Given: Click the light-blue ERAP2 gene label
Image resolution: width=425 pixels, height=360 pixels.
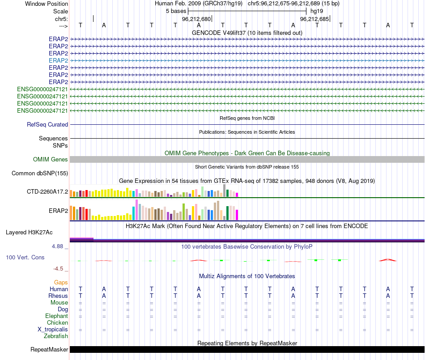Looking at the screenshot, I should (58, 60).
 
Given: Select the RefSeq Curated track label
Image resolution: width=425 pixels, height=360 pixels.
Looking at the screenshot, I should (47, 125).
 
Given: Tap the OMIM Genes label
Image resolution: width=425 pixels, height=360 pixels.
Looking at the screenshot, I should (51, 160).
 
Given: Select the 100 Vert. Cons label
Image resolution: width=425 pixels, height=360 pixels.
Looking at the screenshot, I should (25, 258).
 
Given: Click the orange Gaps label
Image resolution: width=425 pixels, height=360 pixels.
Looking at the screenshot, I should (61, 283).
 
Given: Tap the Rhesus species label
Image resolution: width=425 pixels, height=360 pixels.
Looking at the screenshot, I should (58, 296).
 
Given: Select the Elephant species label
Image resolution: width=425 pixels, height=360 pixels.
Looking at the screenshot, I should (56, 316).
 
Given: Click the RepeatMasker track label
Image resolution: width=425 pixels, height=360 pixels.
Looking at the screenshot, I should (49, 350).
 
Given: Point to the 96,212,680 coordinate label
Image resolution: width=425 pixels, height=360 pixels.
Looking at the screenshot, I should (196, 19).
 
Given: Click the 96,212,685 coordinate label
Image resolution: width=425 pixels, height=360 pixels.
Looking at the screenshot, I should (314, 19).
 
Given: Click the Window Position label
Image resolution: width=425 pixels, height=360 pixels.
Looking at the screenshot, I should (47, 4).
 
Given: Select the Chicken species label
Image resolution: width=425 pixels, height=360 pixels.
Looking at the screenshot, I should (58, 323).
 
